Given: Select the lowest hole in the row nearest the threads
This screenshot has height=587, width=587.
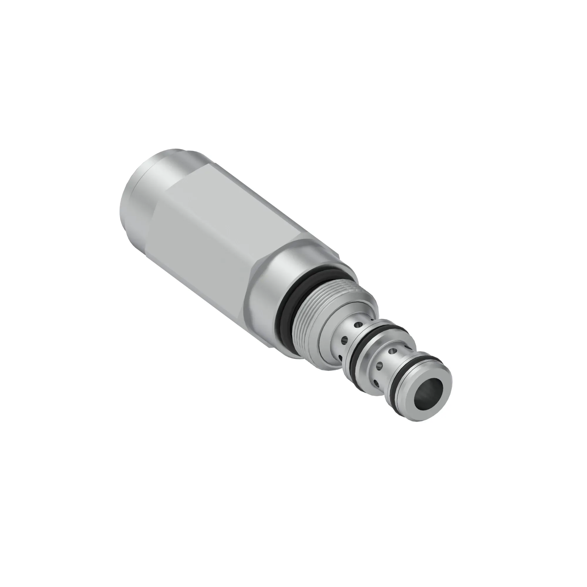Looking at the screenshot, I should pyautogui.click(x=340, y=356).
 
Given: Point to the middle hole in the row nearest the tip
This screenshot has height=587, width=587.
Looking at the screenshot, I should pyautogui.click(x=380, y=365).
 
